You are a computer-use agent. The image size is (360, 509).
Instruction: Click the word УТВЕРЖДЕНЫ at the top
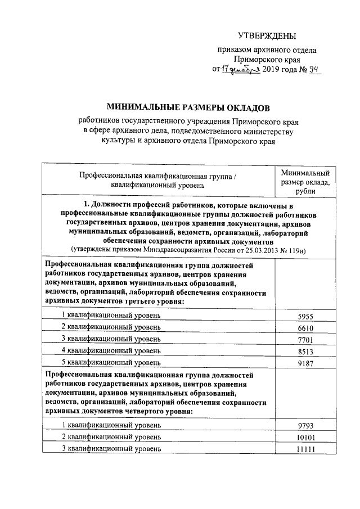266,37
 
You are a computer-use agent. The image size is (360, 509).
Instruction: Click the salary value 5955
304,316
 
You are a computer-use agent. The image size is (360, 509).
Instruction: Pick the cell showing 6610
304,327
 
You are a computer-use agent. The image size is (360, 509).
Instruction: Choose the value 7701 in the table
304,339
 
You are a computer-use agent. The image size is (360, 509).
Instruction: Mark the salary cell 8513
304,351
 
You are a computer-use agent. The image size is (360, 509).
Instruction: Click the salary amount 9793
304,425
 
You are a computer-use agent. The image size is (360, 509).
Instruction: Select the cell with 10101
304,437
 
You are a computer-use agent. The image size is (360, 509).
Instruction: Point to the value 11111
304,449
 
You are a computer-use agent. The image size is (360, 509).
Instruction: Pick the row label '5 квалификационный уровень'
111,362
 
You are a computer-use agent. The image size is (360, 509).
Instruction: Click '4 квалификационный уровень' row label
111,351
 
